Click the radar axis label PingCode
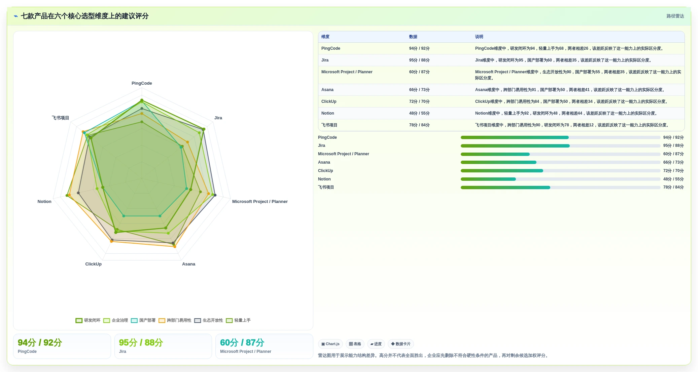point(142,83)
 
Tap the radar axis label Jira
point(218,118)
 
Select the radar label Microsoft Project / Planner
point(260,202)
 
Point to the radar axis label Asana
point(188,264)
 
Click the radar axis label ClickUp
point(93,264)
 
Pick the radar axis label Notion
point(44,202)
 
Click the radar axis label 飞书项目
point(60,118)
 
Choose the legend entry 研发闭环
point(88,320)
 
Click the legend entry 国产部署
point(143,320)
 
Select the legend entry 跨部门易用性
point(175,320)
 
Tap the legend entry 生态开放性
point(209,320)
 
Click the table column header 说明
point(479,37)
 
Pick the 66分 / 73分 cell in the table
point(419,90)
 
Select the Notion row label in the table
point(327,113)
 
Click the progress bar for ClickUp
point(560,171)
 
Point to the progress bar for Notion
point(560,179)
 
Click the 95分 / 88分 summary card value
point(141,343)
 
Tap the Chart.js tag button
point(330,344)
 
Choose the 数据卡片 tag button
point(401,344)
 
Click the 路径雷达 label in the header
point(675,16)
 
